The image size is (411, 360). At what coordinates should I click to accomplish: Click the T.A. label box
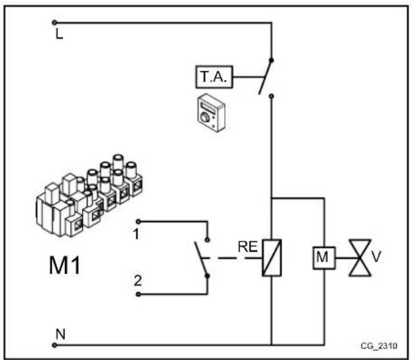click(215, 79)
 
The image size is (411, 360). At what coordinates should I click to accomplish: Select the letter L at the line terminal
click(59, 34)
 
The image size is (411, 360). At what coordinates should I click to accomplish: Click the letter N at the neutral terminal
click(59, 335)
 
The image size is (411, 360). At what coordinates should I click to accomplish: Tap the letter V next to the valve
click(375, 257)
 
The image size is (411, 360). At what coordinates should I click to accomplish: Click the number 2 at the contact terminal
click(137, 281)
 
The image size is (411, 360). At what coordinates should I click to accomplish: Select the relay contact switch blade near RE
click(200, 258)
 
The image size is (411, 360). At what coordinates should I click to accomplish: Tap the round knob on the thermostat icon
click(204, 118)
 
